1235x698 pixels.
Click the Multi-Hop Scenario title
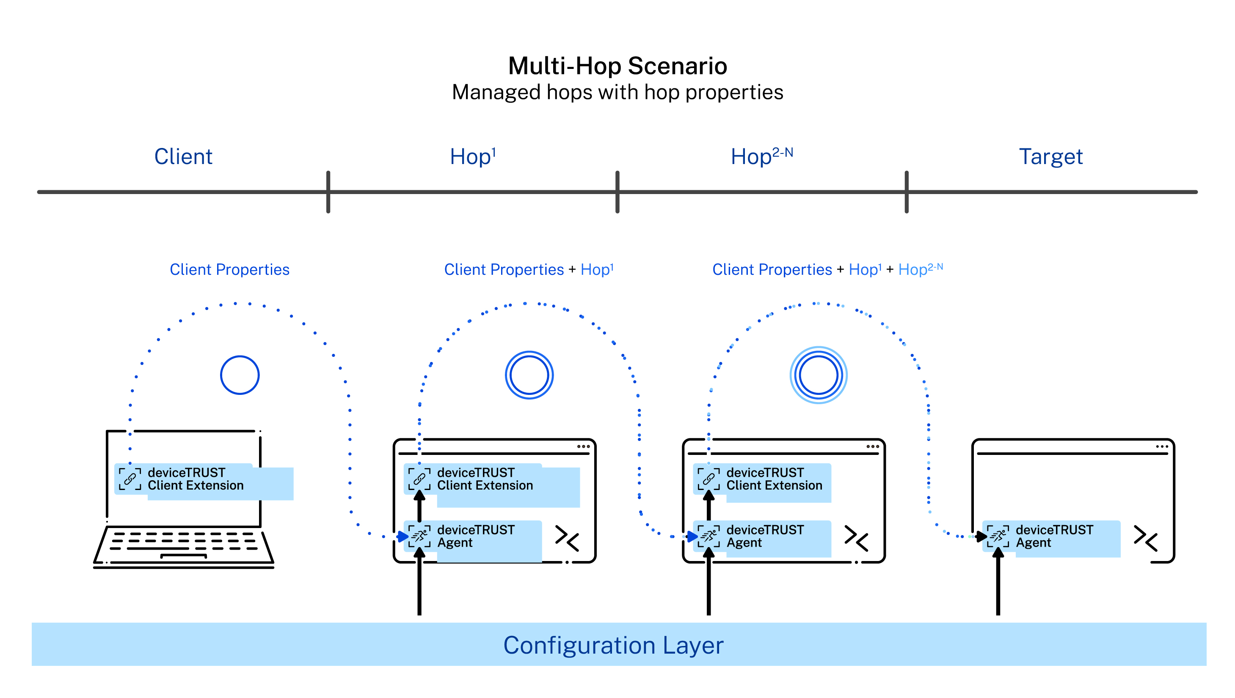click(x=617, y=66)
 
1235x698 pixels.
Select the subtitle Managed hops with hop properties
click(x=617, y=92)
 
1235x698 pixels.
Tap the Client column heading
click(x=183, y=157)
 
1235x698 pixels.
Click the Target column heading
click(x=1050, y=157)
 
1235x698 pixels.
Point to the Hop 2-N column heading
click(x=761, y=156)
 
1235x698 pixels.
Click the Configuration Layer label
click(x=613, y=645)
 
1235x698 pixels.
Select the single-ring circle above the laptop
click(x=240, y=375)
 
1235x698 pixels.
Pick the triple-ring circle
click(x=818, y=375)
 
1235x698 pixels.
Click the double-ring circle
click(x=529, y=375)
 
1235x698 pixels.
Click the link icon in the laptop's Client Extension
click(x=130, y=479)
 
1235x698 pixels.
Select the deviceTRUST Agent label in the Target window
click(x=1054, y=536)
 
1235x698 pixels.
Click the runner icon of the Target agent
click(x=998, y=536)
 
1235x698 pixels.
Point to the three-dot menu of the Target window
click(x=1162, y=446)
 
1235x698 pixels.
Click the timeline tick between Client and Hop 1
click(x=328, y=192)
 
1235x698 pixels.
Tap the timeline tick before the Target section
click(x=906, y=192)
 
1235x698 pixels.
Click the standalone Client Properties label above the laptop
click(x=229, y=269)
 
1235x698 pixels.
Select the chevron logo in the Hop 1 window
click(x=567, y=538)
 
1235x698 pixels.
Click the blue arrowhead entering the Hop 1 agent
click(x=402, y=537)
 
